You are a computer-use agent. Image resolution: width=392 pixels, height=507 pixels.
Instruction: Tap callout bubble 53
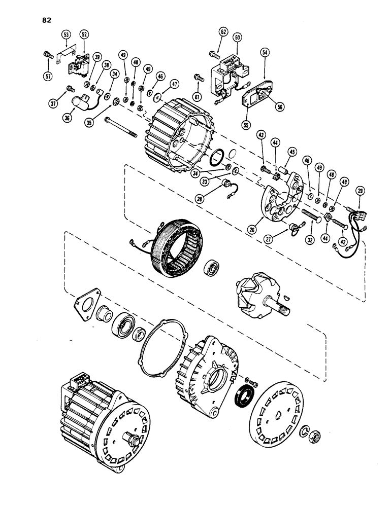click(x=67, y=35)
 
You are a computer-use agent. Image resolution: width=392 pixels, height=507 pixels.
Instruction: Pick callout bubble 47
click(x=174, y=84)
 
